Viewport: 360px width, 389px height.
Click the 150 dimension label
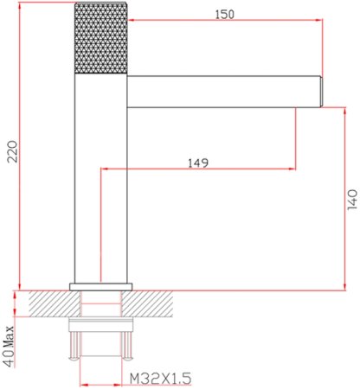coord(225,14)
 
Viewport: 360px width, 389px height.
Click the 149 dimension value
coord(198,163)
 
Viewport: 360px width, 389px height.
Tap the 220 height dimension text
coord(12,151)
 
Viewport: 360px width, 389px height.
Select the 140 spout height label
coord(352,200)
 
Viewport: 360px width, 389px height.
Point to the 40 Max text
coord(9,346)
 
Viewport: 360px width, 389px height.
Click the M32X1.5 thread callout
coord(160,378)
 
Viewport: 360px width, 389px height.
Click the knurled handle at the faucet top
coord(101,38)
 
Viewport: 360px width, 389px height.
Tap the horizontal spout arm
coord(223,92)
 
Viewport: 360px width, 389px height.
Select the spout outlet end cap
coord(321,92)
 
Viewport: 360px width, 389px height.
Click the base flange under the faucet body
coord(101,287)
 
